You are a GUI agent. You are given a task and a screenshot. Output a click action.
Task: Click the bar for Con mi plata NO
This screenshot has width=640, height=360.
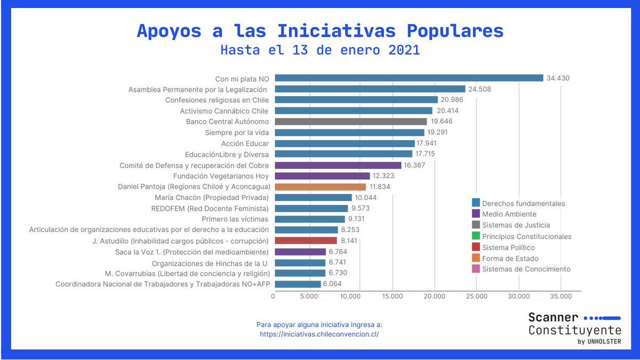(409, 78)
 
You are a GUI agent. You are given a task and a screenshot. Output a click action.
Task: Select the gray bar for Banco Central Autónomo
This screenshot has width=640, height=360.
(350, 122)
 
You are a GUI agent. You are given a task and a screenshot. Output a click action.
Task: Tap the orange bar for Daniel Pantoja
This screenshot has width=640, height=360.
(320, 187)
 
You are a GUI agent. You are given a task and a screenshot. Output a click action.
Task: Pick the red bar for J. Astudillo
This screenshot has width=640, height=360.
(306, 241)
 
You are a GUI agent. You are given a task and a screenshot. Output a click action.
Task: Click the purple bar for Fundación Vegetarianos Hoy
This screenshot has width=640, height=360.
(322, 176)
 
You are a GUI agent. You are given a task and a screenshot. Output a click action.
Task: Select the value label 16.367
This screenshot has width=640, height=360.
(414, 165)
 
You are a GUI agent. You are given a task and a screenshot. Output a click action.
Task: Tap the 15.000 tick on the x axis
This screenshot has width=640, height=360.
(392, 297)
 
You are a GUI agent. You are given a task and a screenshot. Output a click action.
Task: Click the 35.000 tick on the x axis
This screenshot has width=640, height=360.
(561, 297)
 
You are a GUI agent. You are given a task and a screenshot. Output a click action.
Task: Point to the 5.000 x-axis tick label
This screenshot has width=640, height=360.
(309, 297)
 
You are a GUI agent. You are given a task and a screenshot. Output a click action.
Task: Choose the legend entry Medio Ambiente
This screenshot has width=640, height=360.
(509, 214)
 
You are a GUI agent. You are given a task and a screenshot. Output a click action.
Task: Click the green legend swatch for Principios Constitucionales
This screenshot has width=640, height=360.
(476, 236)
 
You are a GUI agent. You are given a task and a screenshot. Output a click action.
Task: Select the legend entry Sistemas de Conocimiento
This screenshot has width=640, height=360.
(526, 269)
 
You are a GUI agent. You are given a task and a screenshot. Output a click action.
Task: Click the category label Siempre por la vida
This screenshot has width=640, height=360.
(237, 132)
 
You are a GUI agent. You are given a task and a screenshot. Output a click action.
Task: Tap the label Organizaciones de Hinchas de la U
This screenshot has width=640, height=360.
(210, 263)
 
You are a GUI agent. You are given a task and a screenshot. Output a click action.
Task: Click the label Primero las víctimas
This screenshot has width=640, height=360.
(235, 219)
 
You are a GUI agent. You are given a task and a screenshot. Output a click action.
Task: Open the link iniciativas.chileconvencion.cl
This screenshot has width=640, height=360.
(319, 334)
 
